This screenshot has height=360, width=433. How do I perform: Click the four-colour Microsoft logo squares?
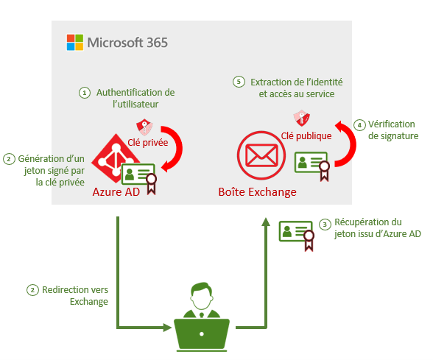[75, 42]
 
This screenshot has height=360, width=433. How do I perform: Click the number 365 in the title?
[157, 43]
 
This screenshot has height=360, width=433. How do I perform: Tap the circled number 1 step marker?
[85, 93]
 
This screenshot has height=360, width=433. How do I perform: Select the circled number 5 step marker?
[239, 82]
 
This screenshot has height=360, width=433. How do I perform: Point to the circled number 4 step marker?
[359, 125]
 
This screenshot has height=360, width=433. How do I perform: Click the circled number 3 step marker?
[325, 225]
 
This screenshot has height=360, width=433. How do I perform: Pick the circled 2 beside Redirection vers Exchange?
[32, 290]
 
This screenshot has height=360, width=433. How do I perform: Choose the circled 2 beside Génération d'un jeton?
[9, 159]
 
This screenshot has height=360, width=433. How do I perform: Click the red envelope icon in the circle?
[261, 155]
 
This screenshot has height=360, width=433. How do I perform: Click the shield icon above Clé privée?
[144, 127]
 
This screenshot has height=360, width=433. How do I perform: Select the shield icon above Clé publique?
[302, 118]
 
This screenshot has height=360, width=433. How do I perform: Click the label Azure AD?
[116, 192]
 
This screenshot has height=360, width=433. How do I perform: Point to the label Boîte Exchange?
[258, 192]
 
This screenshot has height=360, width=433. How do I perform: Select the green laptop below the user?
[202, 335]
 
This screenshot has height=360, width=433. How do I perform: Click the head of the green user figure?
[202, 295]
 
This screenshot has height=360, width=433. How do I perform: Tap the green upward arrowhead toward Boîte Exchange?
[266, 222]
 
